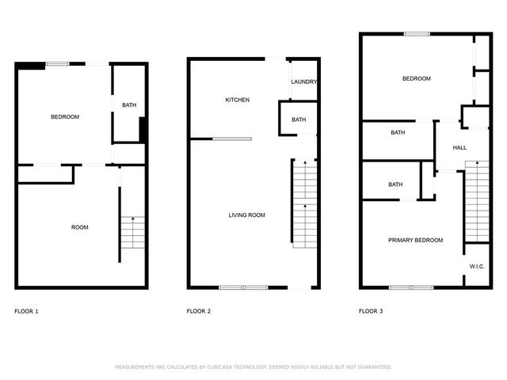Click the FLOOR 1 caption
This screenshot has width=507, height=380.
pos(26,311)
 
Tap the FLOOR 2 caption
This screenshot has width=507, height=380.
pos(198,311)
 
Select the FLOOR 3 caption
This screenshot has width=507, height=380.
pos(371,311)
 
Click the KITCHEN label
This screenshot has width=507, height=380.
pos(238,100)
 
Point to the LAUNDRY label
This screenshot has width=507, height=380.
pos(304,82)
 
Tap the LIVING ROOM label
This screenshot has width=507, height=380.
pos(246,215)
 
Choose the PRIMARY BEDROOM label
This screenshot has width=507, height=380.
pos(415,240)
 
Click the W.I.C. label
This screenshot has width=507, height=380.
pos(477,267)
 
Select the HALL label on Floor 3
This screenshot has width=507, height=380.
pos(459,148)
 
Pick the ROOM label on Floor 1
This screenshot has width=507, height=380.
pos(80,227)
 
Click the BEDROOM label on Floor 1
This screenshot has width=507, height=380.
pos(65,117)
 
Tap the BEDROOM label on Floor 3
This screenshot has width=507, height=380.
pos(417,78)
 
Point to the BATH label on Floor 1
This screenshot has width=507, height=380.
pos(128,104)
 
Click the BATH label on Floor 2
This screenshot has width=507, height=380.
pos(299,120)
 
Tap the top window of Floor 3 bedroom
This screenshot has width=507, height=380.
pos(417,34)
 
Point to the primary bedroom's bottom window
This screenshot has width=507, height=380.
pos(410,287)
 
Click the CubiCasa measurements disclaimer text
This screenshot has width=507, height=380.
pos(253,367)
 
